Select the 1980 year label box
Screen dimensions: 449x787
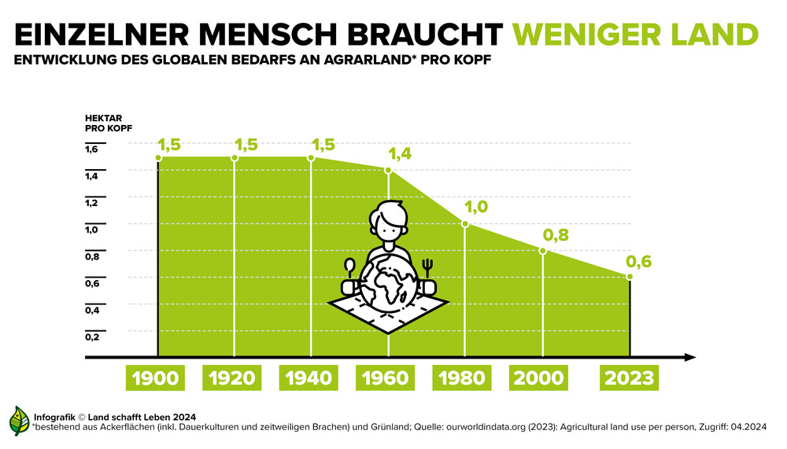(x=462, y=378)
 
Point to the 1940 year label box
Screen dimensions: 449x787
(x=309, y=378)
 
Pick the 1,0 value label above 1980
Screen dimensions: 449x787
(x=477, y=207)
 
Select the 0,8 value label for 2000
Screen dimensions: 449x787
(x=555, y=235)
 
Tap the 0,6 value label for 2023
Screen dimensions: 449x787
(x=638, y=262)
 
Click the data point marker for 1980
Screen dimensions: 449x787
(x=465, y=224)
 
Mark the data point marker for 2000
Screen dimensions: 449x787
(x=542, y=251)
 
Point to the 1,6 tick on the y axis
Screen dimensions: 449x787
(x=91, y=149)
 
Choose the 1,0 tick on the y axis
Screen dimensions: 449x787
(x=91, y=230)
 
